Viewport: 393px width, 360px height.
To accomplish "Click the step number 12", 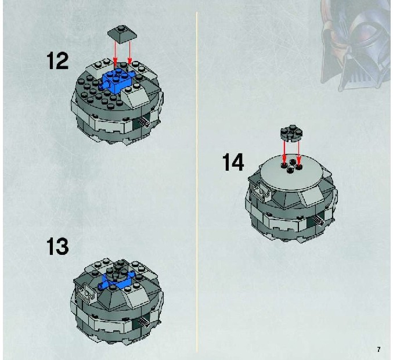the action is click(57, 60).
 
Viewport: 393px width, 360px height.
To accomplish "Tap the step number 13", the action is click(57, 246).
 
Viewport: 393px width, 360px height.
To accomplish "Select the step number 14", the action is click(233, 162).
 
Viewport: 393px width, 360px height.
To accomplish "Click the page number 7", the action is click(378, 349).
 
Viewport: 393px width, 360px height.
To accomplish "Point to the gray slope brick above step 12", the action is click(122, 34).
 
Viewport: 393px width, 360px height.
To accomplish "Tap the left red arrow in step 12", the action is click(115, 53).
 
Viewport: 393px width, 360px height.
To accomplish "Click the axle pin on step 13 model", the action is click(145, 322).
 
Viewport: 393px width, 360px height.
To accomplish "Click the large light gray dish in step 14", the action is click(291, 175).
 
